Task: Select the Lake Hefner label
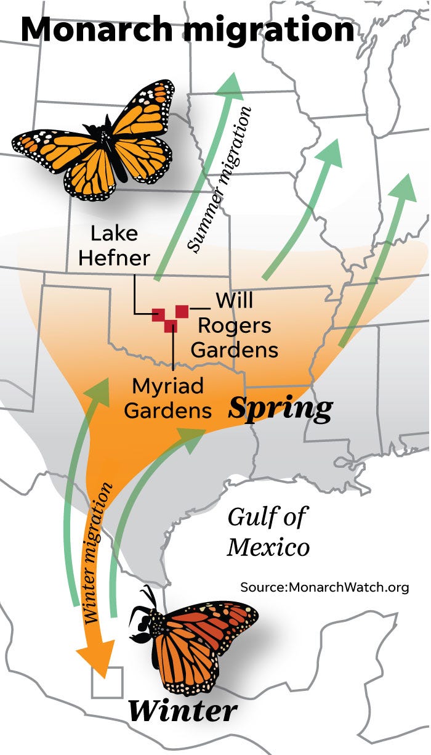pyautogui.click(x=115, y=245)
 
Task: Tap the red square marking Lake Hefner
pyautogui.click(x=159, y=314)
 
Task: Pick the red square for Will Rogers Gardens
pyautogui.click(x=182, y=311)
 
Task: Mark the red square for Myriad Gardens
pyautogui.click(x=171, y=325)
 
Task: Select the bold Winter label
pyautogui.click(x=182, y=710)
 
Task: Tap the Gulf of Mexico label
pyautogui.click(x=268, y=531)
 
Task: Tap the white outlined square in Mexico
pyautogui.click(x=107, y=682)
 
